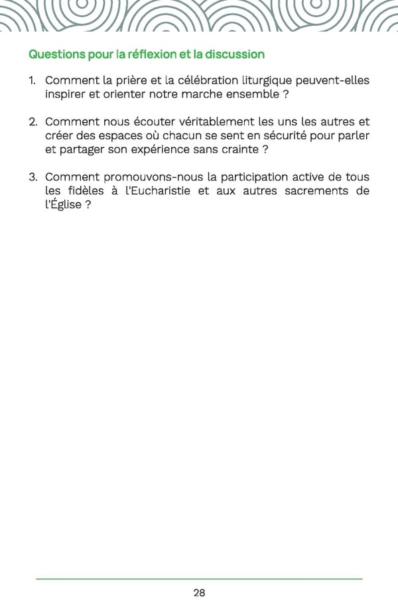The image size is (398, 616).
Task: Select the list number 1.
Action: pyautogui.click(x=31, y=81)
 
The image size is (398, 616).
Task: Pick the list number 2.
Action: pyautogui.click(x=32, y=122)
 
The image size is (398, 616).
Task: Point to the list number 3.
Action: pyautogui.click(x=32, y=177)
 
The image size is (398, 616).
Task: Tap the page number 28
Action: pyautogui.click(x=199, y=593)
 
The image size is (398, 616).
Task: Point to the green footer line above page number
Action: pyautogui.click(x=199, y=579)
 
